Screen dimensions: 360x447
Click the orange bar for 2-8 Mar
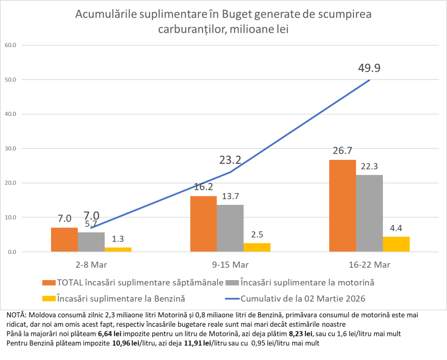point(65,239)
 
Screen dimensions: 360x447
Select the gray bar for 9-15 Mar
point(230,228)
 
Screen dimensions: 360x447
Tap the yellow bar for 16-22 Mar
point(396,244)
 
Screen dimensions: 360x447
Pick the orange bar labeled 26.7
point(343,205)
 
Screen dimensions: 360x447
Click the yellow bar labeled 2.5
point(257,247)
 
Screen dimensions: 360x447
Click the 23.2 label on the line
point(230,160)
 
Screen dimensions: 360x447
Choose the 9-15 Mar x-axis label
point(230,265)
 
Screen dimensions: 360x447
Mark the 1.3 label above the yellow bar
point(118,239)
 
